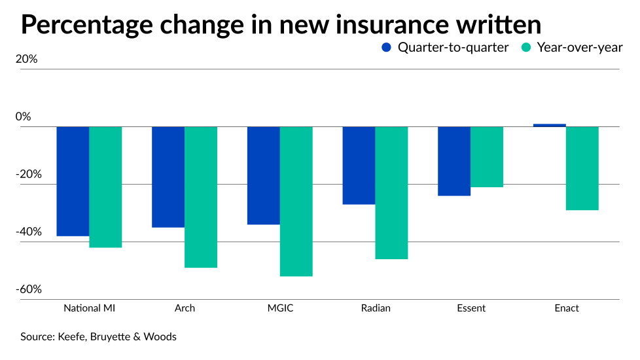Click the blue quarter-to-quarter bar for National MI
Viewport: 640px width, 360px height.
point(73,181)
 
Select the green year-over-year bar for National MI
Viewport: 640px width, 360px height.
point(105,187)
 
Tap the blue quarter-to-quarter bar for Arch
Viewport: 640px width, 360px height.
point(168,177)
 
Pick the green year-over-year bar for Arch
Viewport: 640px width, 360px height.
point(201,196)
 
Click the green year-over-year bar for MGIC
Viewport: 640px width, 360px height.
point(296,201)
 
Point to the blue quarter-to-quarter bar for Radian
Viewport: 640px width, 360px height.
point(359,165)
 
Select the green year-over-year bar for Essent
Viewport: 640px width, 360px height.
point(487,156)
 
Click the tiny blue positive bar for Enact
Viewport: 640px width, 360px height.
point(550,125)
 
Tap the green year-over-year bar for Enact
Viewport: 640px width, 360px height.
point(582,168)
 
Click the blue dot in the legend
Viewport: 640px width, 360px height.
point(386,47)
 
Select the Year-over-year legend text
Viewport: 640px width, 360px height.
point(579,47)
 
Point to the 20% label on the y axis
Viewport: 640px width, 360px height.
point(27,59)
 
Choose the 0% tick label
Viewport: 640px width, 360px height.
point(24,117)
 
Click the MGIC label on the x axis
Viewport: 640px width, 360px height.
point(280,308)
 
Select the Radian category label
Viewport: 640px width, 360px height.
point(376,308)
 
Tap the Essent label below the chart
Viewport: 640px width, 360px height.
point(471,308)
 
